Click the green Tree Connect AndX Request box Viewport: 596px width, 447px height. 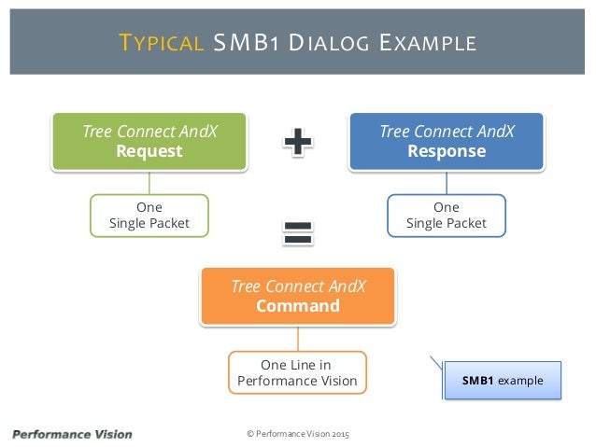[x=149, y=141]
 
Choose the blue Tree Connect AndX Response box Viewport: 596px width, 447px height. [x=447, y=141]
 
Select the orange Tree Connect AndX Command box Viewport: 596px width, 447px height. [x=298, y=296]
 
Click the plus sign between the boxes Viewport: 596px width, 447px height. [x=298, y=142]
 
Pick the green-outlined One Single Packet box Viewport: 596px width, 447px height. [x=149, y=215]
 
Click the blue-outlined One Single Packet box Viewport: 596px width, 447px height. [x=447, y=215]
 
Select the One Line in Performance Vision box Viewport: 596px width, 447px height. [x=298, y=372]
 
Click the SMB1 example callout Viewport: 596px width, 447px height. [x=503, y=381]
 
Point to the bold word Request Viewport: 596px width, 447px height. [x=149, y=151]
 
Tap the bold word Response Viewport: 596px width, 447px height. [x=447, y=151]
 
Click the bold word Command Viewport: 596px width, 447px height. [x=298, y=306]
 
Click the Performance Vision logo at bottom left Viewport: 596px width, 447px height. [x=72, y=434]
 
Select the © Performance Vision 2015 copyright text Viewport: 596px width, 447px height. [x=297, y=435]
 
